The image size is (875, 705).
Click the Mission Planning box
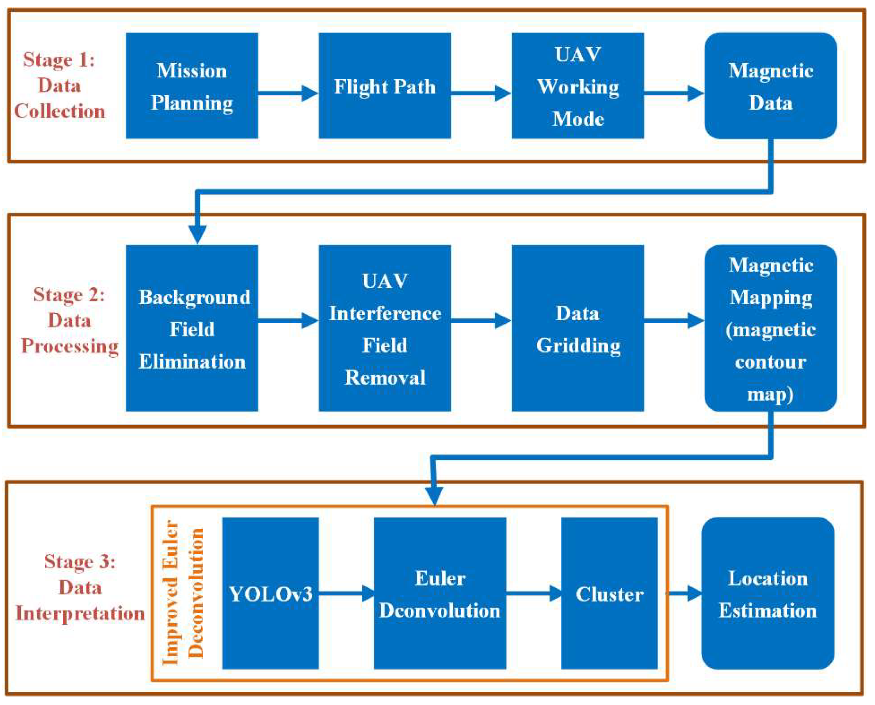pos(192,86)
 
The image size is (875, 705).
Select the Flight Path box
pos(384,86)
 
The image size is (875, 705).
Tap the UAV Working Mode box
pos(577,86)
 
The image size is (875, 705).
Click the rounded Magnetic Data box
pos(770,86)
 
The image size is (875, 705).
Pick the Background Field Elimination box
pos(192,328)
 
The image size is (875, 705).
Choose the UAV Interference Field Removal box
pos(384,328)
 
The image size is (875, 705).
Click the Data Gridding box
pos(577,328)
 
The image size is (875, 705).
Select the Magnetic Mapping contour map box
pos(770,328)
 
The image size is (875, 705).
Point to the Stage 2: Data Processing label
pos(69,320)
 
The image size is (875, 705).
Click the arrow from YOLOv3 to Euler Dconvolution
pos(346,593)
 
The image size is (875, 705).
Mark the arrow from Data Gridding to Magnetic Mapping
pos(674,321)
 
